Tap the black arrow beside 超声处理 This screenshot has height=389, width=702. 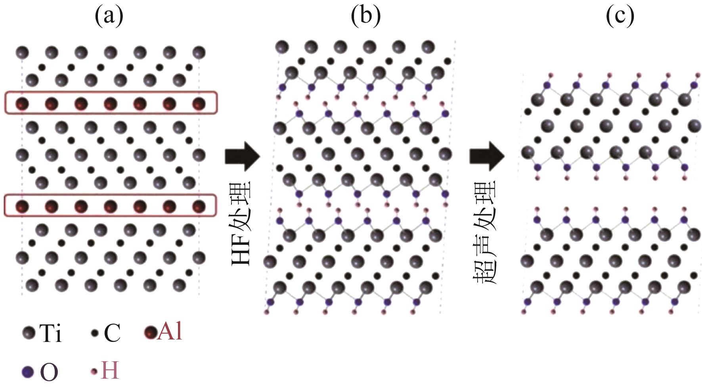coord(487,156)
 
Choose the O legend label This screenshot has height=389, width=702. coord(49,372)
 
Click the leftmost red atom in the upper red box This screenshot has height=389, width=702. coord(22,104)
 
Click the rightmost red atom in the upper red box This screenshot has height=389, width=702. coord(199,104)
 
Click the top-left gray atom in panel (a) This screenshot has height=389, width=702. coord(22,52)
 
